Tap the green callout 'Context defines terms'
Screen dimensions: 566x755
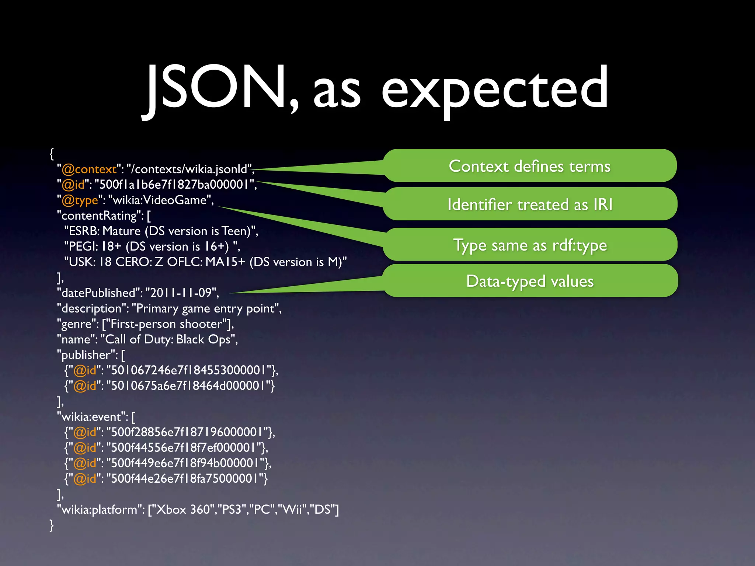coord(530,166)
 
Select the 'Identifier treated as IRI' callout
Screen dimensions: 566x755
coord(530,205)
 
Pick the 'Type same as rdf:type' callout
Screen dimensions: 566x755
coord(530,245)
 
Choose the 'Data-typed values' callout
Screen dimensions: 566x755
coord(530,281)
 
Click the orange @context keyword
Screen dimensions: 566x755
coord(89,169)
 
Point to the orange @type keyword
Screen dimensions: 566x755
coord(80,200)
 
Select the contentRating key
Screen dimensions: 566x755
coord(99,216)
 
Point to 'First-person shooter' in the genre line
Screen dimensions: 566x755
coord(166,324)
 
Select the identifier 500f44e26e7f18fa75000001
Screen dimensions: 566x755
coord(184,479)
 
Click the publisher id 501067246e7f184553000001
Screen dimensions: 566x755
coord(188,370)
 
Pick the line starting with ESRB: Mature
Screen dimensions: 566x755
coord(161,231)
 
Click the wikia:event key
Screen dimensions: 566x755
coord(91,417)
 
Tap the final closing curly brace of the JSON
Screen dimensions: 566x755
coord(52,525)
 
